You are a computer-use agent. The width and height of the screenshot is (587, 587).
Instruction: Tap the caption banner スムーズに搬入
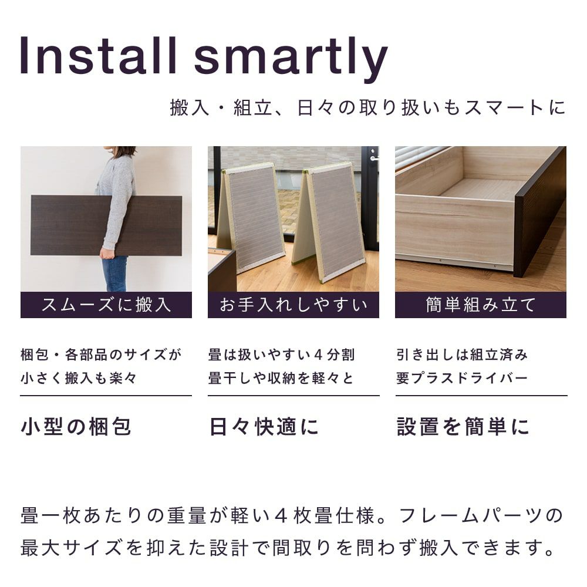click(106, 305)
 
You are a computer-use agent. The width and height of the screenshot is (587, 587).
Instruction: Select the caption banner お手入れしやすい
click(293, 305)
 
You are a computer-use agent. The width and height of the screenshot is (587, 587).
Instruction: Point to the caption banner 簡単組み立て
click(480, 305)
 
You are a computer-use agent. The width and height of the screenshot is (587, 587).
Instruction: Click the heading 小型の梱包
click(76, 427)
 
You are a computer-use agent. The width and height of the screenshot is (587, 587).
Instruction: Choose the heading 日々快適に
click(264, 427)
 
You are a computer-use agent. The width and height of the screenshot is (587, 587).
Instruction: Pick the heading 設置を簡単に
click(463, 427)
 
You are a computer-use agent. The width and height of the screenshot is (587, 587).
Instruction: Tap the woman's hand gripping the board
click(107, 253)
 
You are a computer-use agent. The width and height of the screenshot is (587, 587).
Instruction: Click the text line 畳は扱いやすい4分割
click(281, 355)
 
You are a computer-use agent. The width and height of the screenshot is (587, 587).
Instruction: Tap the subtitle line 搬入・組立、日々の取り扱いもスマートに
click(367, 107)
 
